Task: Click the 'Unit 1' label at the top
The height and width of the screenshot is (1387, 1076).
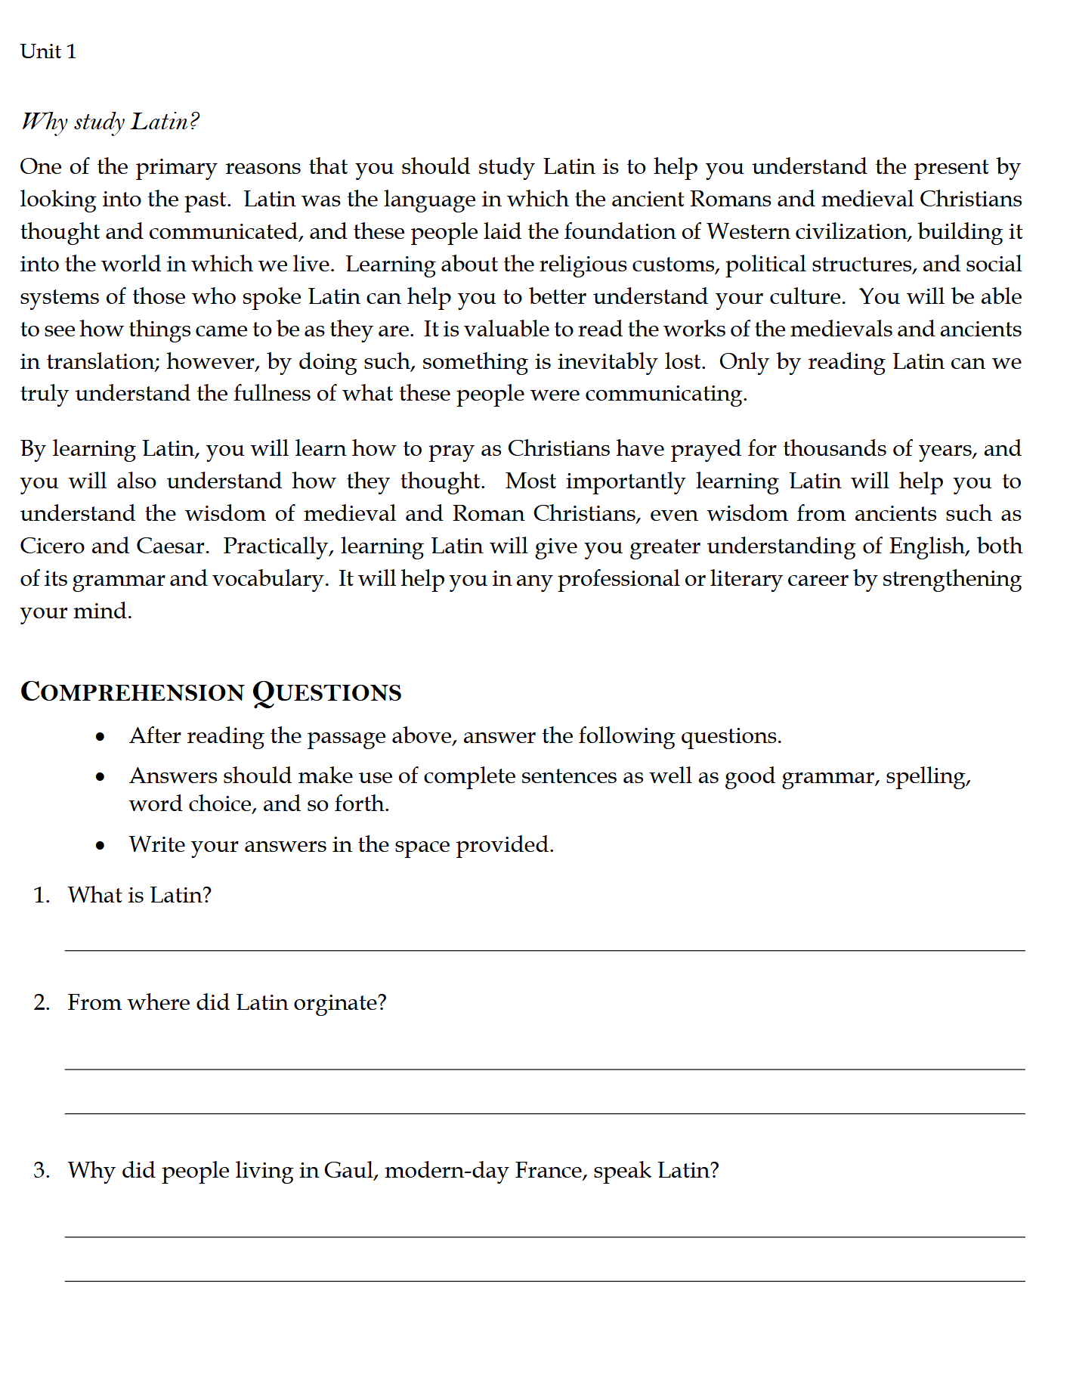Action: [48, 51]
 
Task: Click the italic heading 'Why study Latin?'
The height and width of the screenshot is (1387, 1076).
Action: [110, 122]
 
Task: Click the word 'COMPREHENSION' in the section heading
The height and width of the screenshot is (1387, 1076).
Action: [132, 692]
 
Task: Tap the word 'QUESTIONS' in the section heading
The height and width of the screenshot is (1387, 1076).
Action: [326, 692]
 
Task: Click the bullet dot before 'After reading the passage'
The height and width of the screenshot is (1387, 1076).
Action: [100, 737]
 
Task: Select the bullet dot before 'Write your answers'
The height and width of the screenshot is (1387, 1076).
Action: [100, 846]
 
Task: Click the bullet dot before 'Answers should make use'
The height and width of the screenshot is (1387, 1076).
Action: [100, 777]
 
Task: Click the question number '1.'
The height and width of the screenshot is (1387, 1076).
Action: [42, 895]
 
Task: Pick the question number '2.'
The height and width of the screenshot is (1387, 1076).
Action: [42, 1002]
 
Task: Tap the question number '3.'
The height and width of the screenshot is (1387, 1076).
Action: [42, 1170]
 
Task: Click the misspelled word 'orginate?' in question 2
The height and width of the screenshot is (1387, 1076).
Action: [340, 1003]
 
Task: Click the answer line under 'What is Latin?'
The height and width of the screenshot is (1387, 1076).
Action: [544, 949]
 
